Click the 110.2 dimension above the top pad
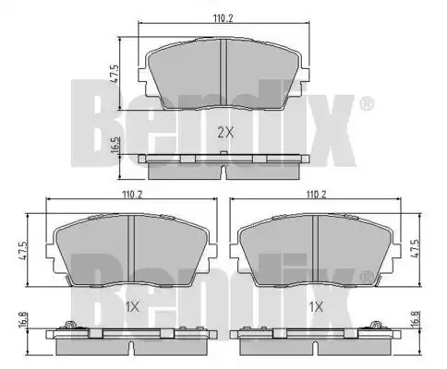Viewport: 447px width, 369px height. click(x=223, y=18)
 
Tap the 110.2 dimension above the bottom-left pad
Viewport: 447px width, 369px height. click(x=132, y=195)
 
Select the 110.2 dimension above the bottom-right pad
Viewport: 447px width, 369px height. click(x=316, y=195)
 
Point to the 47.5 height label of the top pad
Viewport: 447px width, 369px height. click(x=115, y=73)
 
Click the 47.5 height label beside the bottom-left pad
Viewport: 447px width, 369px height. click(x=23, y=251)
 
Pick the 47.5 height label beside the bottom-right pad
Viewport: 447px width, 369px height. click(x=416, y=248)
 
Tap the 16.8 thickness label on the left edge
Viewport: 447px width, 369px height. click(x=24, y=320)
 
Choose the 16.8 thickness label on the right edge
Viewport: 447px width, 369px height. click(x=416, y=320)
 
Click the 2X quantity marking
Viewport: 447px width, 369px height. click(x=225, y=133)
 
